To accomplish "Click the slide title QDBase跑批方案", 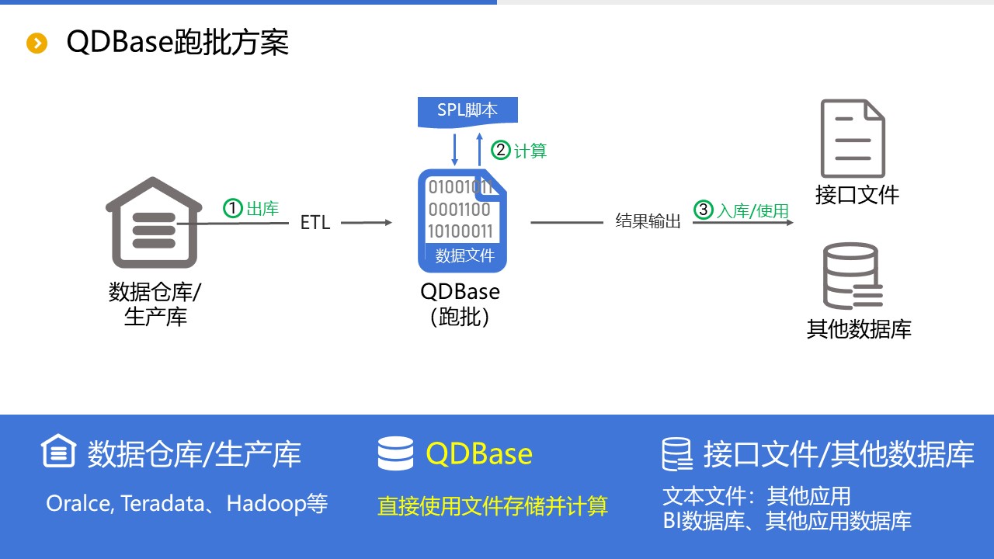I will (x=178, y=42).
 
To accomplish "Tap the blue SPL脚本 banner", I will (x=467, y=111).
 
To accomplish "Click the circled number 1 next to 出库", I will (x=233, y=208).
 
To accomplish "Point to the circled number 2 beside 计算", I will (x=502, y=150).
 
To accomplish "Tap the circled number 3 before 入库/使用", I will (x=704, y=210).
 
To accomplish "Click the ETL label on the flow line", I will (x=315, y=223).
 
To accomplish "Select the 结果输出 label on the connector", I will (x=648, y=222).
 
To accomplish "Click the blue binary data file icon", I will (x=463, y=220).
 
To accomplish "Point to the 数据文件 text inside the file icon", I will (x=464, y=255).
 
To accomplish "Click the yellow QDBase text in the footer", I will (x=479, y=454).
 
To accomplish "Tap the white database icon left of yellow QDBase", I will (x=395, y=454).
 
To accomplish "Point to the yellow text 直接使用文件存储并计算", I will (x=492, y=506).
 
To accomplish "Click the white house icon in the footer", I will (x=59, y=452).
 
